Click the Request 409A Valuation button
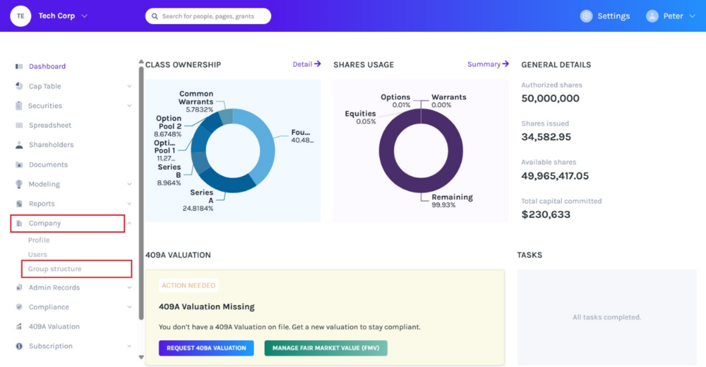coord(206,348)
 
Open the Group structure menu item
coord(54,269)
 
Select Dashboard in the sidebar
coord(47,67)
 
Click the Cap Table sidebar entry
coord(45,86)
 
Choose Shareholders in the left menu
coord(51,145)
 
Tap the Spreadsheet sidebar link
coord(50,126)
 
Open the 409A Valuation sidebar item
coord(54,327)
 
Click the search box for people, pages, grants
coord(208,16)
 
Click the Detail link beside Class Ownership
coord(307,64)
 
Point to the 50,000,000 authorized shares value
coord(550,99)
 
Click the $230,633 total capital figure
coord(546,215)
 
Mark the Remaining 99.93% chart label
coord(452,201)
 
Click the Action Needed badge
coord(189,286)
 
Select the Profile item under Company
coord(39,240)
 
